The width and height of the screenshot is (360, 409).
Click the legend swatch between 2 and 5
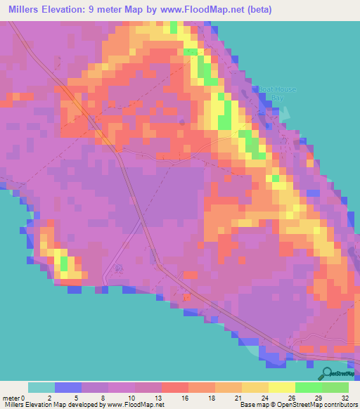pos(68,387)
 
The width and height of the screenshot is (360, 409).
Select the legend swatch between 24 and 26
pos(282,387)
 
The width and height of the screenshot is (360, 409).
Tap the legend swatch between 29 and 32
pos(335,387)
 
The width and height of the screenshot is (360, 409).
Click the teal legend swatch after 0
pos(41,387)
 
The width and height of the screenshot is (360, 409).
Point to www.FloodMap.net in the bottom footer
pos(138,405)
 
